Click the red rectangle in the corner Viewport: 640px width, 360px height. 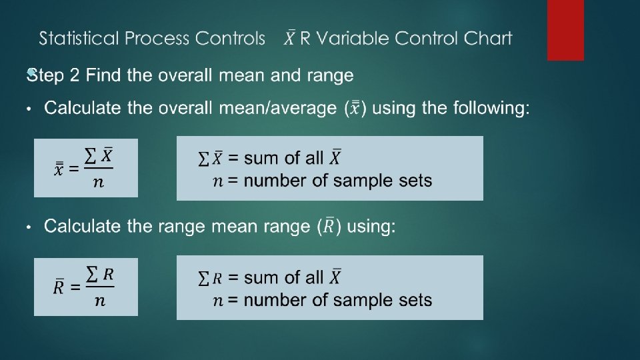click(565, 30)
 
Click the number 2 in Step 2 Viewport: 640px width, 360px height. click(74, 75)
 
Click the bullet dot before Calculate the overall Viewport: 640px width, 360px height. click(29, 109)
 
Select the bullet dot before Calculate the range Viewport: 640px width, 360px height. click(29, 227)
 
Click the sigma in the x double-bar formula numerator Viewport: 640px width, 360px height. click(90, 155)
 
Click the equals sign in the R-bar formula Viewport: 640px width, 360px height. click(75, 287)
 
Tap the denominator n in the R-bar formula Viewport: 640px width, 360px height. click(99, 301)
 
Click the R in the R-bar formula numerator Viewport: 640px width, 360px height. click(108, 274)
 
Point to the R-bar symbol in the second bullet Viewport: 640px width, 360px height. click(329, 226)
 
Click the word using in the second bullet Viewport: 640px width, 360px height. click(371, 227)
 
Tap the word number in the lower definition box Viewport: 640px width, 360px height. click(275, 300)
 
